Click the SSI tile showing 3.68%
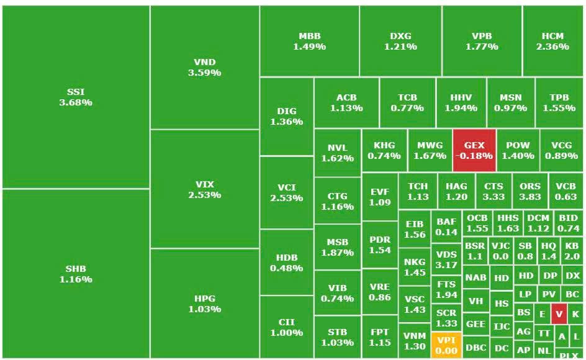click(76, 97)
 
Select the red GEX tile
click(474, 150)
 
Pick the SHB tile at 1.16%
click(76, 274)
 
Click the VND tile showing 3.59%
click(205, 67)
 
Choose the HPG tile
click(205, 304)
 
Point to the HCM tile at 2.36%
click(552, 41)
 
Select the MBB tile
click(309, 41)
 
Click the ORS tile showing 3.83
click(530, 191)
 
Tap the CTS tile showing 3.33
click(494, 191)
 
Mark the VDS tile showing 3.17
click(446, 259)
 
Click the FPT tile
click(379, 337)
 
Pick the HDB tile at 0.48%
click(286, 263)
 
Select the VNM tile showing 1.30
click(414, 341)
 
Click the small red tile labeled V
click(559, 314)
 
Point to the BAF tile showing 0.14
click(446, 226)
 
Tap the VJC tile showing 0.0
click(500, 251)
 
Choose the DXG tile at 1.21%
click(400, 41)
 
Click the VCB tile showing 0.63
click(566, 191)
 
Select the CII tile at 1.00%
click(286, 327)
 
